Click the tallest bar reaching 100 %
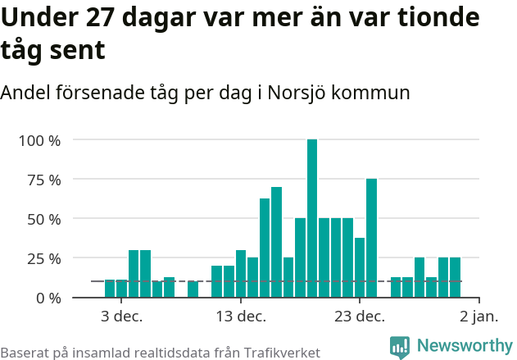pyautogui.click(x=312, y=218)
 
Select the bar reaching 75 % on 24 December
pyautogui.click(x=371, y=238)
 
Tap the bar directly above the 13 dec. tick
pyautogui.click(x=241, y=273)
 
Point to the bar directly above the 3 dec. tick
pyautogui.click(x=121, y=289)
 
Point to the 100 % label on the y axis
pyautogui.click(x=39, y=140)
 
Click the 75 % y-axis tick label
pyautogui.click(x=43, y=180)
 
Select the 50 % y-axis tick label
pyautogui.click(x=43, y=219)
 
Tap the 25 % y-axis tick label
pyautogui.click(x=43, y=258)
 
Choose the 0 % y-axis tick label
pyautogui.click(x=48, y=298)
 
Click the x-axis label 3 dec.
pyautogui.click(x=122, y=317)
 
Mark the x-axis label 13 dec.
pyautogui.click(x=241, y=317)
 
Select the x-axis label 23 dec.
pyautogui.click(x=360, y=317)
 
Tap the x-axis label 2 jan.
pyautogui.click(x=478, y=317)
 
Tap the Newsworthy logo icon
pyautogui.click(x=400, y=347)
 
